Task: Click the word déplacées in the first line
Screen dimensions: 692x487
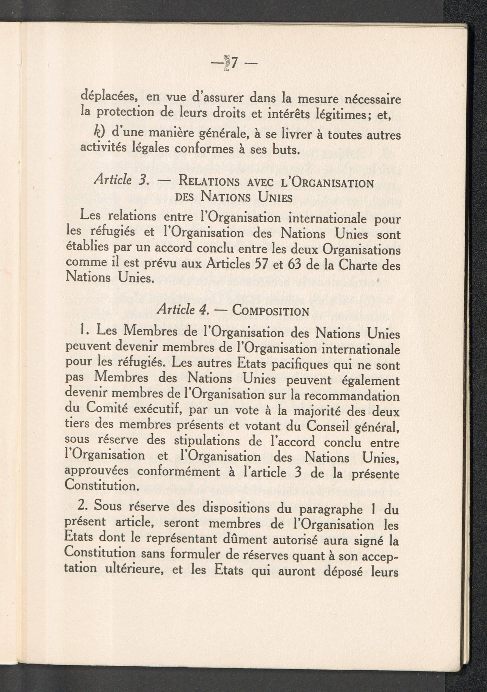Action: (x=109, y=98)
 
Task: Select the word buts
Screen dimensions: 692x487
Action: (x=282, y=149)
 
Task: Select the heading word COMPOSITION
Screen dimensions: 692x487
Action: (x=271, y=311)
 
